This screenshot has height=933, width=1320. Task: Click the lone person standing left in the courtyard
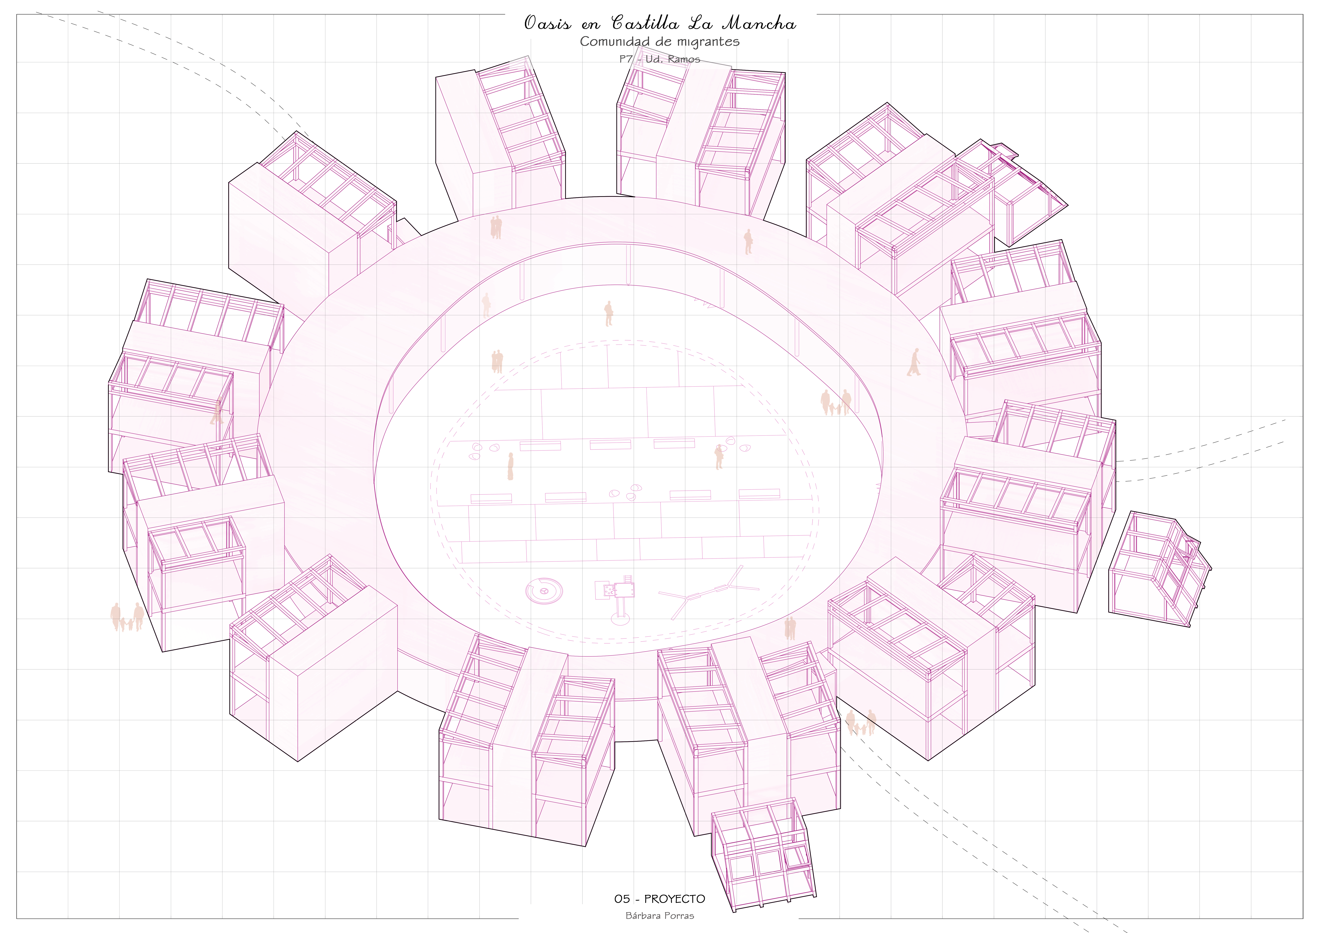point(510,466)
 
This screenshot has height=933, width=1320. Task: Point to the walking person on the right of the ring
point(914,362)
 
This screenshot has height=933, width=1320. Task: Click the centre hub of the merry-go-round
point(543,590)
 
